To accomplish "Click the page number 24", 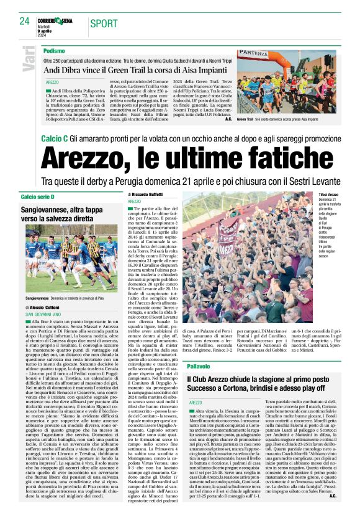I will coord(24,22).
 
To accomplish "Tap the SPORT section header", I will coord(104,24).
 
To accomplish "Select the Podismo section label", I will coord(55,50).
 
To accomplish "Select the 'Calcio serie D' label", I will coord(38,197).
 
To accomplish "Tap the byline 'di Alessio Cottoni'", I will coord(46,308).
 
